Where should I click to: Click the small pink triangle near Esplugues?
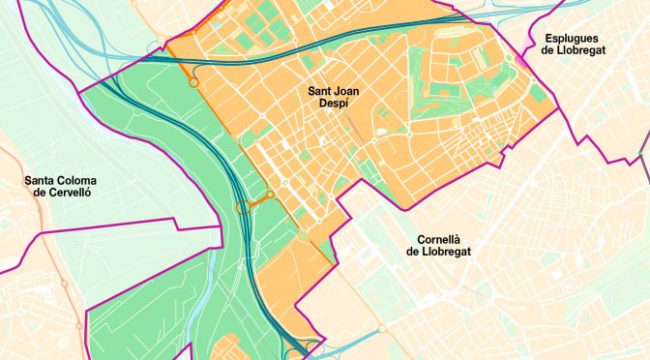tap(523, 60)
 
